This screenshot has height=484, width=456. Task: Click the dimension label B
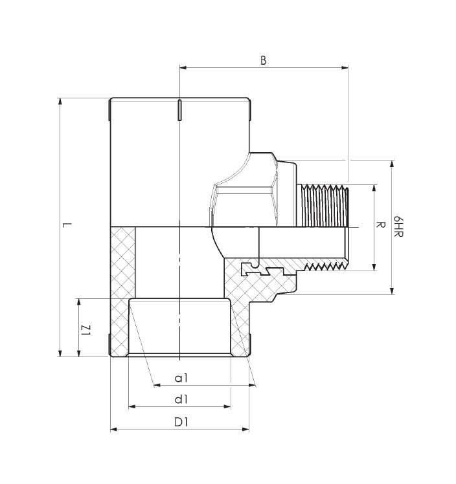(x=263, y=61)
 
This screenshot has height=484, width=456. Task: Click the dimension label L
(x=67, y=225)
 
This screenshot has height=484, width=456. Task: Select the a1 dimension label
(x=181, y=378)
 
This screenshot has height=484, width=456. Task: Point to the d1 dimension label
(x=181, y=400)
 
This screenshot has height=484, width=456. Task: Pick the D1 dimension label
(x=181, y=422)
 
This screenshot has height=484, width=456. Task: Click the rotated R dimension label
(x=381, y=225)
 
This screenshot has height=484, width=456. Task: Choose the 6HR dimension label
(x=398, y=226)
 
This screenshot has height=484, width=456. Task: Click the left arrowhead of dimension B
(x=183, y=67)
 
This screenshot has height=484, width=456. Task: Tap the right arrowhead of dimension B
(x=345, y=67)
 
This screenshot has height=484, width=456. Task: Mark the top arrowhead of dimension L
(x=60, y=102)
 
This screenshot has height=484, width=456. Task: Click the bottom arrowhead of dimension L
(x=60, y=353)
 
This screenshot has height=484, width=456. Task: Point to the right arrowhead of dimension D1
(x=245, y=429)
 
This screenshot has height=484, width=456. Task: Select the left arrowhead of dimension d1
(x=132, y=407)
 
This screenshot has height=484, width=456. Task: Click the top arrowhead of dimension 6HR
(x=392, y=164)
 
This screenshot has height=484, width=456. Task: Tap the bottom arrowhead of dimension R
(x=374, y=267)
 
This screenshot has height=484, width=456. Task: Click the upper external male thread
(x=323, y=205)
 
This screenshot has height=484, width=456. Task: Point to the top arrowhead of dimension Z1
(x=79, y=302)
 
